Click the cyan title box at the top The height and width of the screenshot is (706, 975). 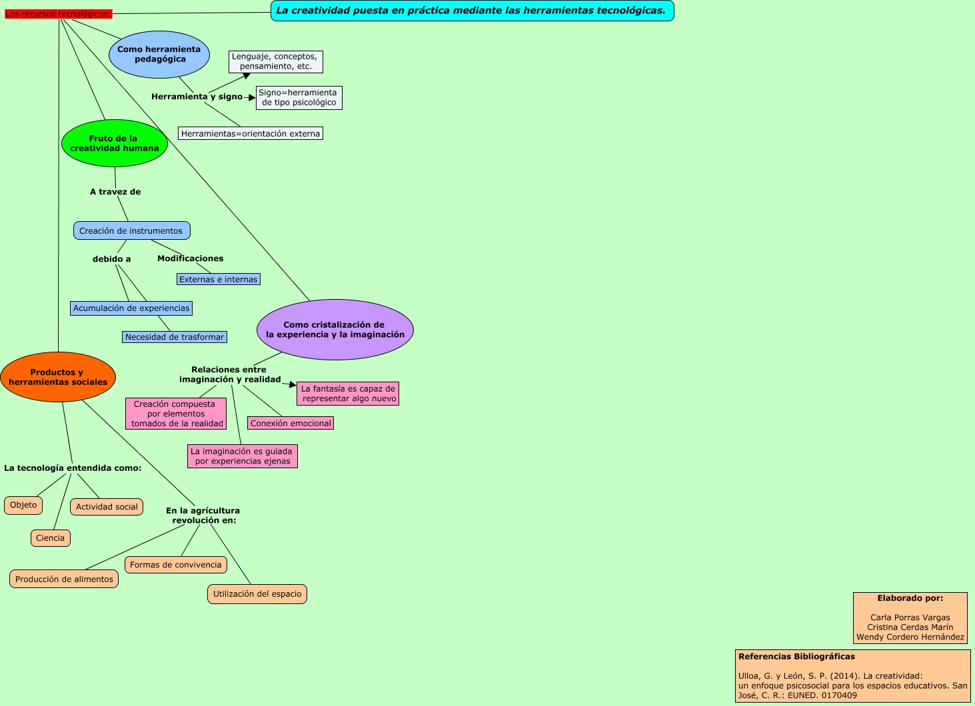pos(472,11)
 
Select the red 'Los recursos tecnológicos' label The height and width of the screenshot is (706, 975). pos(58,14)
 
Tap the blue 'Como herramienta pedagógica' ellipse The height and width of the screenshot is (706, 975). pos(159,55)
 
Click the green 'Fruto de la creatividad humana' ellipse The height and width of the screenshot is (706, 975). pos(114,143)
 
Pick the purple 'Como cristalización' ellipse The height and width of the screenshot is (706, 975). pos(335,330)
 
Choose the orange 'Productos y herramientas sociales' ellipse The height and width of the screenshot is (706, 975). pos(58,377)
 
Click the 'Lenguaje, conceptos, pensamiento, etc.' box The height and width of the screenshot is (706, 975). pos(275,62)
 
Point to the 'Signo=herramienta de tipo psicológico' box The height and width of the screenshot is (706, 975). pos(299,97)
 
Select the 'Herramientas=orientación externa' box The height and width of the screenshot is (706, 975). pos(251,134)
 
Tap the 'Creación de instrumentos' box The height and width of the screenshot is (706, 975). pos(131,231)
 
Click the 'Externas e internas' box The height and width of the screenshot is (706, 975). pos(218,280)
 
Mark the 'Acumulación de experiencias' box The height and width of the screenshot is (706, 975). pos(131,308)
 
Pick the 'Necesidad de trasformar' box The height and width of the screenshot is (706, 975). pos(175,337)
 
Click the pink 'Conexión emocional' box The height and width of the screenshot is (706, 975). pos(291,423)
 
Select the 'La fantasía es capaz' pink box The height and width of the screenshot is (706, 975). pos(348,394)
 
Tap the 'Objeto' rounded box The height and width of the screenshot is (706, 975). pos(23,506)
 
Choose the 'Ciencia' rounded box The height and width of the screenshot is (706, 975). pos(51,538)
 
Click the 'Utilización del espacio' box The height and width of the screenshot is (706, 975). pos(257,594)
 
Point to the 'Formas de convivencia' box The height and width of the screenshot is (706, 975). pos(176,565)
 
